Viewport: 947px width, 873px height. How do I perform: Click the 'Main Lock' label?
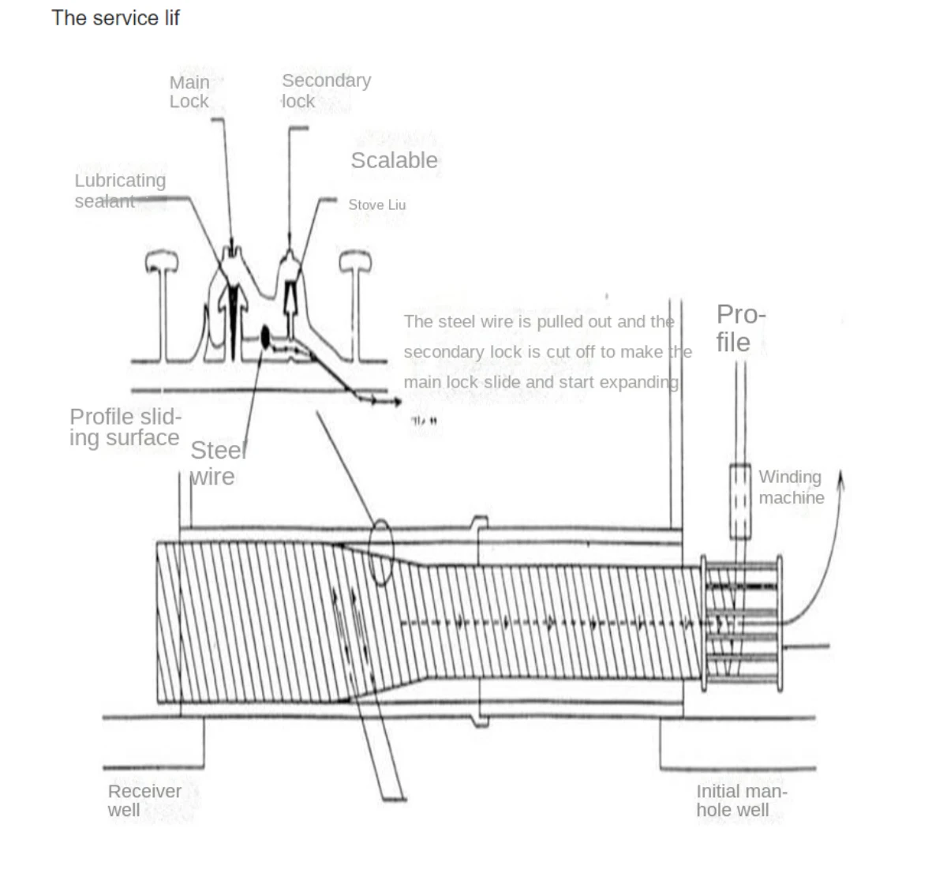(189, 92)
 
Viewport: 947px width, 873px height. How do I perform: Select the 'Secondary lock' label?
(325, 91)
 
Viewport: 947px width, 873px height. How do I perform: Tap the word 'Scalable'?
(394, 160)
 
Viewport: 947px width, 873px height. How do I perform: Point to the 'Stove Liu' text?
(377, 205)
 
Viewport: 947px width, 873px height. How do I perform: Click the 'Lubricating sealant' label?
(120, 191)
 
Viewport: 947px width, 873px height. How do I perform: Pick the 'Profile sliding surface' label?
(125, 427)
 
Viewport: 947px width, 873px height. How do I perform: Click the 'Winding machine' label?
(791, 487)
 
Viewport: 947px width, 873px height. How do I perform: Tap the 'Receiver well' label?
(144, 800)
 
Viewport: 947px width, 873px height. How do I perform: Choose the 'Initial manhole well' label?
(741, 800)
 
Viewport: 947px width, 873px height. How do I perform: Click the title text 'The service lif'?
(115, 17)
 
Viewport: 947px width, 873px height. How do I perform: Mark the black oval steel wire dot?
(265, 337)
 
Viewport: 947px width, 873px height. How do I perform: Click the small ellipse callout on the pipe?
(381, 552)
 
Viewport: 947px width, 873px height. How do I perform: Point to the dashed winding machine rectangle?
(739, 501)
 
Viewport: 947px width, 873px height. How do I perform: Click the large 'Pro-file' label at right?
(740, 328)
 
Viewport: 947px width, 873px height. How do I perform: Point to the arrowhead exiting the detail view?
(395, 402)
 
